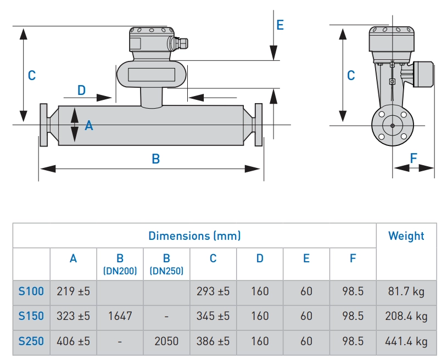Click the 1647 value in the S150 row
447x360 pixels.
coord(120,316)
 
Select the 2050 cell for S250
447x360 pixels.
coord(166,341)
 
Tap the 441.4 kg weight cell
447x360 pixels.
coord(406,341)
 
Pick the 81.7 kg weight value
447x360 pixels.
coord(406,291)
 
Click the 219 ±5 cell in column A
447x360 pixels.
coord(74,291)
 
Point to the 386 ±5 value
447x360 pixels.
coord(213,341)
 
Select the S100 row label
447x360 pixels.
coord(31,291)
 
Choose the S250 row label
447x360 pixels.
coord(31,341)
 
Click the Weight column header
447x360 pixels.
coord(406,236)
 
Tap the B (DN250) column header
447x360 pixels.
coord(166,264)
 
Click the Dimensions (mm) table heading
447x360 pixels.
coord(194,236)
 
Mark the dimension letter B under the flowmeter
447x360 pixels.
coord(155,159)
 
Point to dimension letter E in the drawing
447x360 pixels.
coord(280,25)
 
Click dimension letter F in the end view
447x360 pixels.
coord(414,158)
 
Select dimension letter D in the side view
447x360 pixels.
coord(81,91)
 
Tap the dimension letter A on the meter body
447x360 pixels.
coord(89,126)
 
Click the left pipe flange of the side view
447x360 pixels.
coord(43,125)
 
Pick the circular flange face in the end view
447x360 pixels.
coord(392,126)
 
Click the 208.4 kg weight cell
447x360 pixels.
coord(406,316)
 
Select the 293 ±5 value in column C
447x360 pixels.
coord(213,291)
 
